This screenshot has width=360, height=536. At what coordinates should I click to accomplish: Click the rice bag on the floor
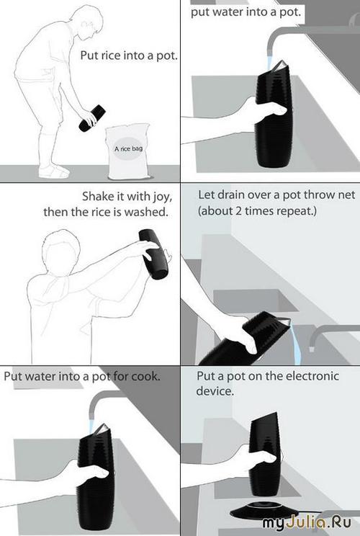coord(128,151)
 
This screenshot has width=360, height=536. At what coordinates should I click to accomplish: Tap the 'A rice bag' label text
coord(128,148)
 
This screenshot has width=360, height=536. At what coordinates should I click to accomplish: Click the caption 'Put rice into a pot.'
coord(129,55)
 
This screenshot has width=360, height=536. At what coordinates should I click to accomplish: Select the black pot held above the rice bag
coord(92,118)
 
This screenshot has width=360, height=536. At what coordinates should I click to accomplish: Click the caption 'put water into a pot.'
coord(246,12)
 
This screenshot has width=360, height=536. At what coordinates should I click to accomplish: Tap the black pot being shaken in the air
coord(153,254)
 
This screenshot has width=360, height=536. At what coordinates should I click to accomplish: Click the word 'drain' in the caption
coord(231,195)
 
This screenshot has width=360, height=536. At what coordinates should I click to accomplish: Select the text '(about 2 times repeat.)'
coord(257,210)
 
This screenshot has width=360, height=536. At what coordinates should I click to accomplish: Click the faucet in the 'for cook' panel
coord(102,400)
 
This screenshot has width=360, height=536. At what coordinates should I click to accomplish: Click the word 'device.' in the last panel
coord(215,390)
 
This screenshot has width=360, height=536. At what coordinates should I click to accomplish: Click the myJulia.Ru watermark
coord(307,523)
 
